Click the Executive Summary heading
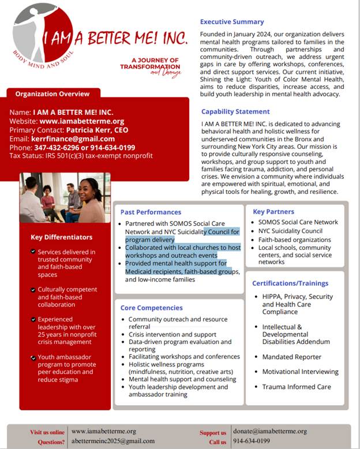[x=231, y=22]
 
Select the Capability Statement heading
[x=235, y=111]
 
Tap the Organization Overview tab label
[x=52, y=94]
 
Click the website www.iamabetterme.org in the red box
[x=81, y=121]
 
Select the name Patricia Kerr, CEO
[x=97, y=130]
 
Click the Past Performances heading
[x=151, y=212]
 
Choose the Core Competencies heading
[x=151, y=308]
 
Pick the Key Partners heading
[x=273, y=212]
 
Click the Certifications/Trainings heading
[x=290, y=283]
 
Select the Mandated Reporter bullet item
[x=292, y=357]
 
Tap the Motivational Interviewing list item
[x=300, y=372]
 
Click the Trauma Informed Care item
[x=297, y=387]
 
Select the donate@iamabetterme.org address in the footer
[x=270, y=431]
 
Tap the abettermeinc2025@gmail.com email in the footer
[x=113, y=441]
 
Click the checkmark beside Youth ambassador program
[x=33, y=358]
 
